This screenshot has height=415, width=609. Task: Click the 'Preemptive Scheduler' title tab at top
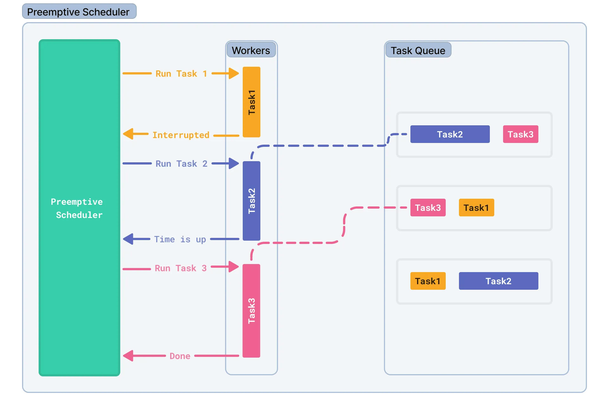[x=79, y=12]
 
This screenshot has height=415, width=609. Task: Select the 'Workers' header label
[x=251, y=50]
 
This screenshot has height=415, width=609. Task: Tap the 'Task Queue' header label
[x=418, y=50]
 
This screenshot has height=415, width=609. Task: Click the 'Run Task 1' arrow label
[x=181, y=73]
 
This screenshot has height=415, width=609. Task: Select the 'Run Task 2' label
[x=181, y=163]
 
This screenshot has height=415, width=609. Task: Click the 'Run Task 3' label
[x=180, y=268]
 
